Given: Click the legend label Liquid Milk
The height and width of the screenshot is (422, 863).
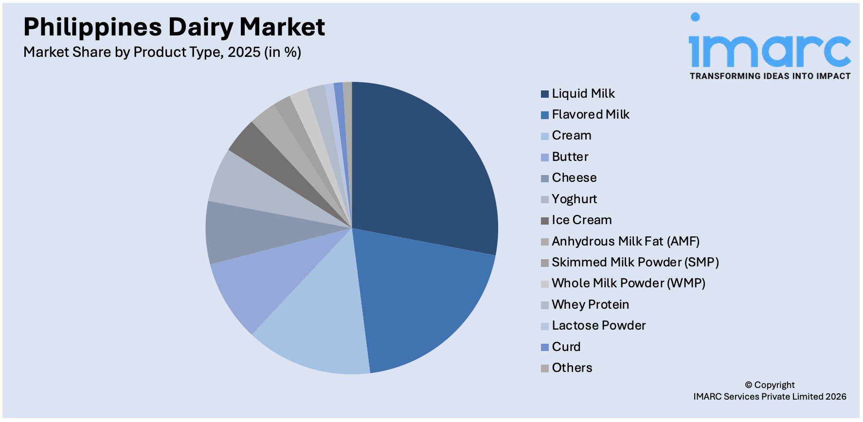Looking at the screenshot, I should [x=583, y=93].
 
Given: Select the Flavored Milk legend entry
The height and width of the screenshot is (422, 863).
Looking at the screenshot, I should [x=591, y=114].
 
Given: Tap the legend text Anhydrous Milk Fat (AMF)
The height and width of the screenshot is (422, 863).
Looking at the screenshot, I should [x=626, y=241].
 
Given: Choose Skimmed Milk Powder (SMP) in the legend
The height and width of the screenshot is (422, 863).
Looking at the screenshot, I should [x=635, y=262].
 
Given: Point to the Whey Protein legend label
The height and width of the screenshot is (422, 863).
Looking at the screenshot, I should [x=590, y=304].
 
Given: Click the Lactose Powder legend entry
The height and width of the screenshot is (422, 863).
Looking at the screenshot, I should [x=599, y=325].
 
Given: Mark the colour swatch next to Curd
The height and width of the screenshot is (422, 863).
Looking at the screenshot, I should [x=545, y=347].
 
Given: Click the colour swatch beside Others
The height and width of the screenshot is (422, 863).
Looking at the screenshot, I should [x=545, y=368].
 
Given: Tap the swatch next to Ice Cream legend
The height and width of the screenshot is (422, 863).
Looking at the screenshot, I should [x=545, y=220].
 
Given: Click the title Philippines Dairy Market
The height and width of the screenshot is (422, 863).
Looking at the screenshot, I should [x=174, y=27].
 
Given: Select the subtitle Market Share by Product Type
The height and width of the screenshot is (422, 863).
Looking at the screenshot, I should [x=162, y=52].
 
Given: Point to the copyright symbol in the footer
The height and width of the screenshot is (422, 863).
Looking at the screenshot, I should [x=749, y=386].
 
